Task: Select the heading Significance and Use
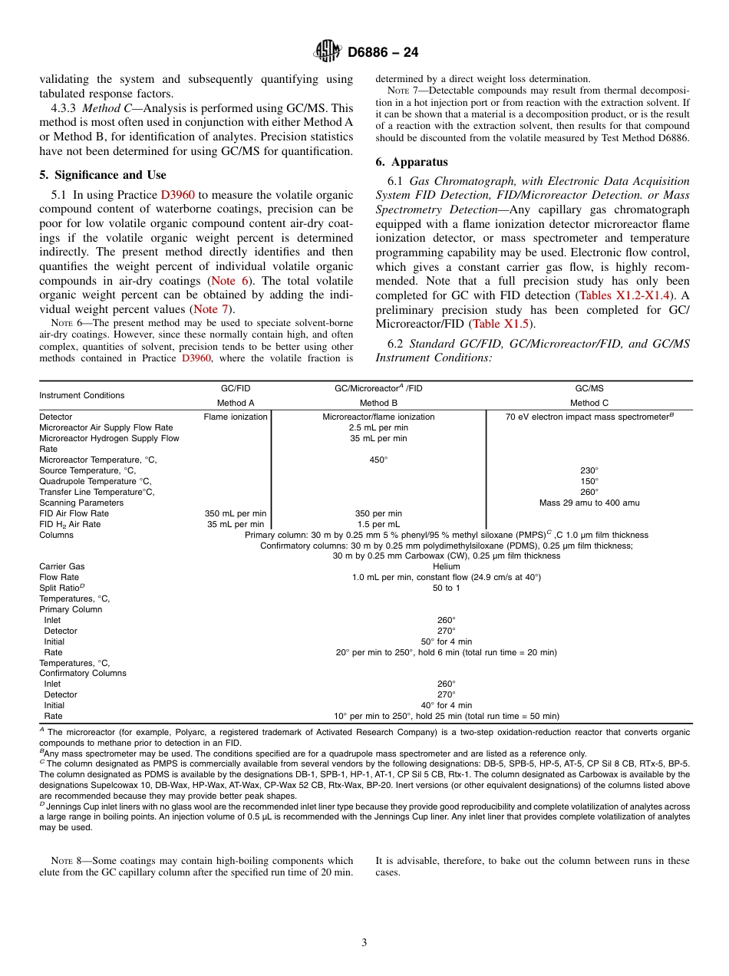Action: coord(103,175)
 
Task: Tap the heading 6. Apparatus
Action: coord(411,162)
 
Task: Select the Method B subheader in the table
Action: coord(378,403)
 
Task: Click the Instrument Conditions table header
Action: coord(81,395)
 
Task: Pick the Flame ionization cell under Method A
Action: coord(236,417)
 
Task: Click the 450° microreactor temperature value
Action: coord(378,460)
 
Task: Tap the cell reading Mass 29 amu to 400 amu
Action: coord(589,503)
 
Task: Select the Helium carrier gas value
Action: coord(446,566)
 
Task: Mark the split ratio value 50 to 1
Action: coord(446,588)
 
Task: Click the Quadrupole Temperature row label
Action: coord(88,481)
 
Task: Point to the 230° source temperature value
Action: coord(589,470)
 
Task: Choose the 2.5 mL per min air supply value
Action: coord(378,427)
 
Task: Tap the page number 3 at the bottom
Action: coord(364,942)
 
